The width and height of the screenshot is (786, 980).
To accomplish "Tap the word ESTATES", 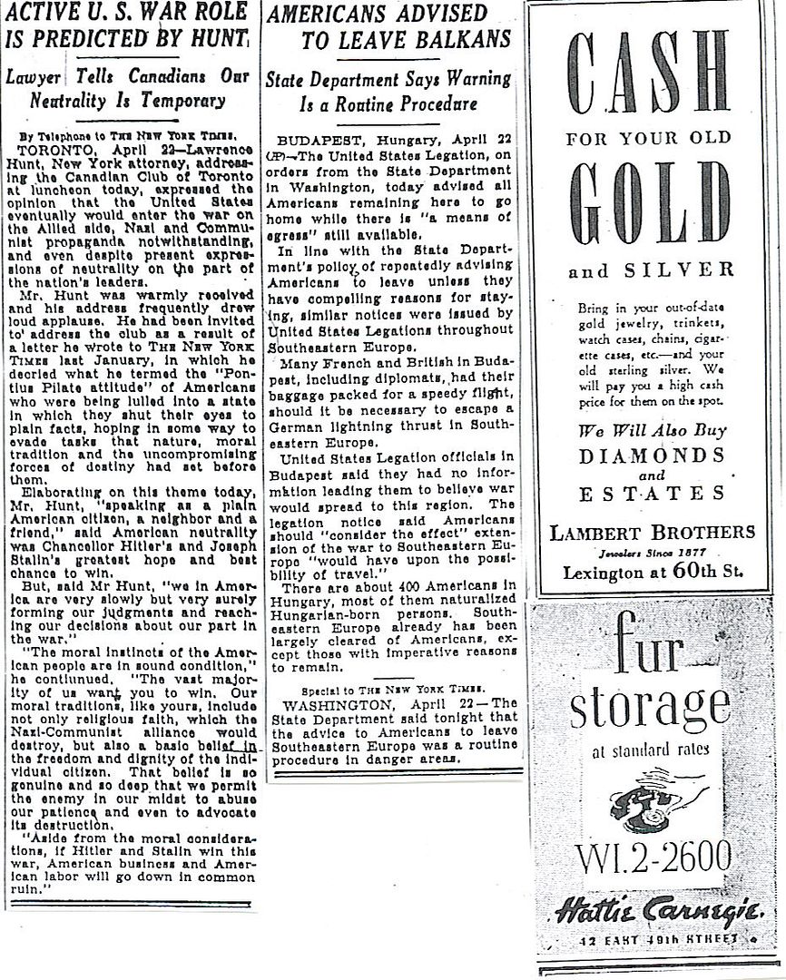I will click(653, 494).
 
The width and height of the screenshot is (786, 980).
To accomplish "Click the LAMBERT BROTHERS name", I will click(653, 533).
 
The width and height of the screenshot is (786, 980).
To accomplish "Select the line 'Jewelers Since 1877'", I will click(653, 552).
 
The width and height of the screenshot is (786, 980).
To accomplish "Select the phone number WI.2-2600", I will click(653, 854).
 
